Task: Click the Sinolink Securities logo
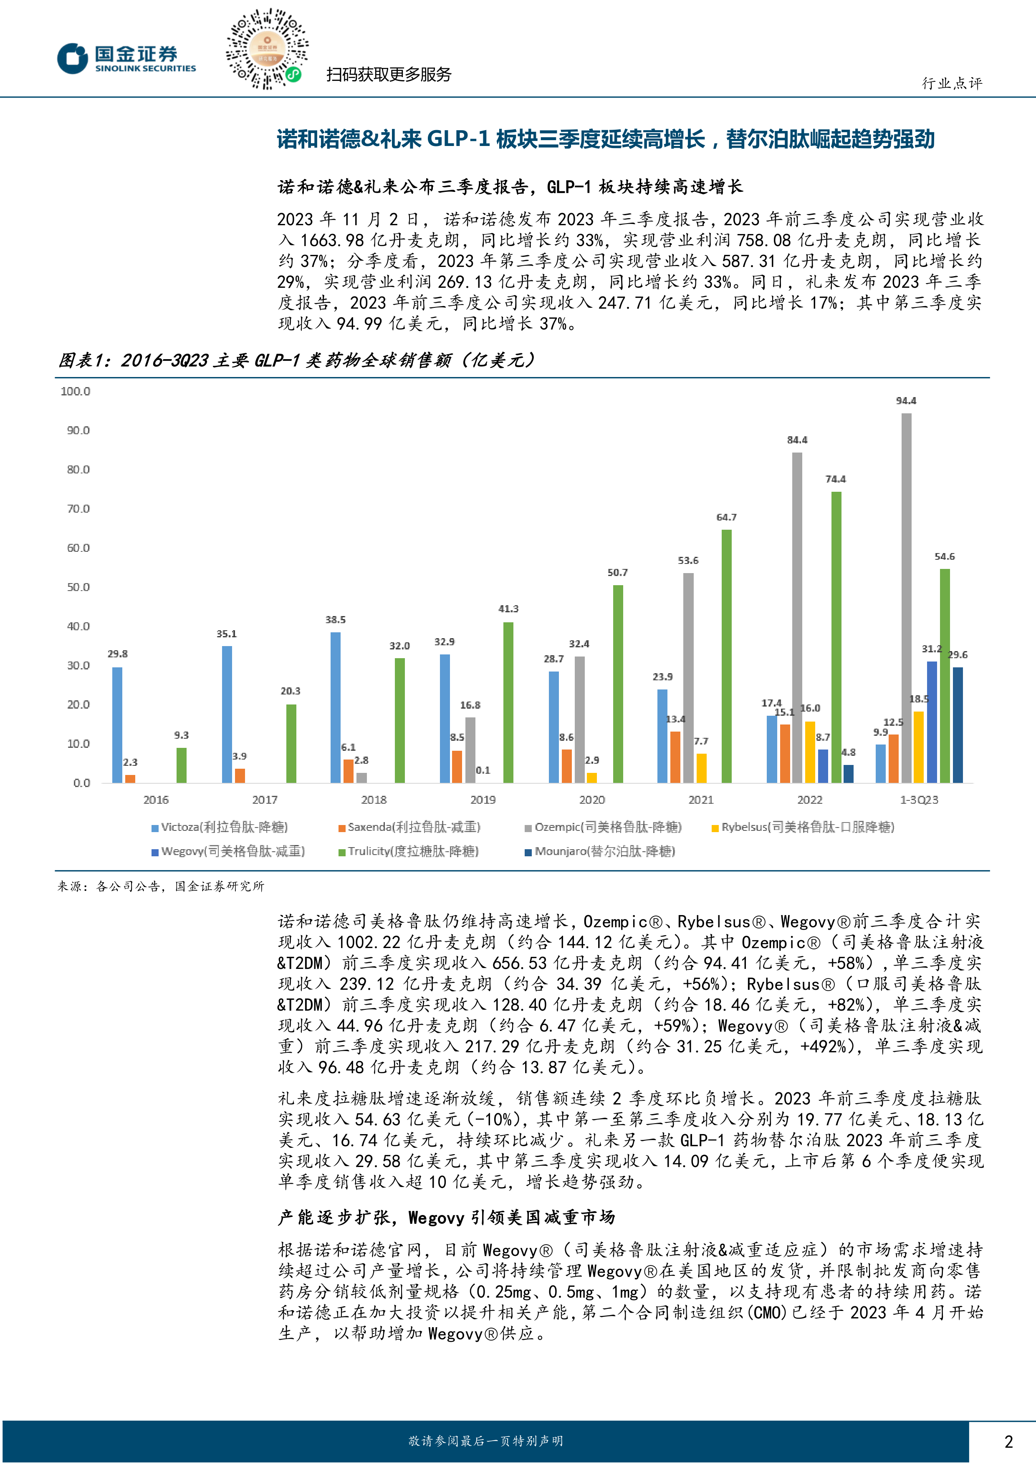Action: tap(127, 58)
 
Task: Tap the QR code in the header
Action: tap(267, 48)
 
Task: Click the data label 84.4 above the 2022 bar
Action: tap(797, 440)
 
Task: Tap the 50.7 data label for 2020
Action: tap(617, 573)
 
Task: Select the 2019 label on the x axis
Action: tap(483, 800)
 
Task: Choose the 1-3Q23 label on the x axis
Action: tap(919, 800)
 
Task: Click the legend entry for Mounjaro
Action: tap(600, 851)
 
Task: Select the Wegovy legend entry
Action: tap(228, 851)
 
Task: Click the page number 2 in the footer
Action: tap(1008, 1441)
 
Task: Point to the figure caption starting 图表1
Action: tap(297, 361)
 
